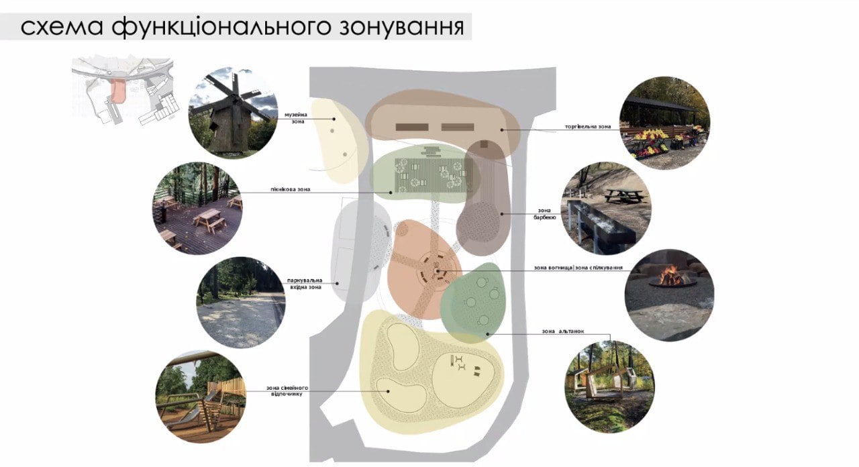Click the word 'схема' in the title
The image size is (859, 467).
pos(62,28)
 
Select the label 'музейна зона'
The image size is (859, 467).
pos(296,118)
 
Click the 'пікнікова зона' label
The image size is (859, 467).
pos(291,189)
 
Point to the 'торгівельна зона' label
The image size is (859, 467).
pos(588,127)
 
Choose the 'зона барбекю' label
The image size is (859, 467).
pos(544,214)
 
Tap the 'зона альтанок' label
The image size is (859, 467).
pos(563,331)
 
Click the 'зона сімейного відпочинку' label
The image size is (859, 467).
pos(287,391)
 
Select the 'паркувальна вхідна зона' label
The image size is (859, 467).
pos(305,284)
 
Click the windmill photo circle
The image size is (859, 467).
pos(234,113)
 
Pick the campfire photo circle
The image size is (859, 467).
pos(669,296)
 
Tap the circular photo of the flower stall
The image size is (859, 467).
pos(664,123)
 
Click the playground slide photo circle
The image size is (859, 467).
pos(201,397)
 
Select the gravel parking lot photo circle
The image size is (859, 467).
pos(241,303)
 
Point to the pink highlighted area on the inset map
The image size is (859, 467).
pos(118,91)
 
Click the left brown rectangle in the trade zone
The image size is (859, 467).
pos(412,127)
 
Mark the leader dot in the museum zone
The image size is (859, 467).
pos(334,119)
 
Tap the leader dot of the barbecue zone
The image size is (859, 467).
pos(502,214)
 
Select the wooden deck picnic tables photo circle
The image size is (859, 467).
pos(197,208)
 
